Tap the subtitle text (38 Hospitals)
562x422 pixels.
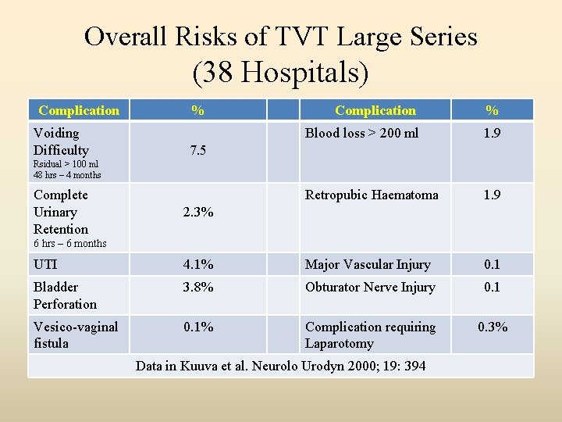pos(280,73)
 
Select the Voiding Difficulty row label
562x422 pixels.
pos(60,141)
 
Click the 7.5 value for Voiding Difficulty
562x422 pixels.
pos(198,150)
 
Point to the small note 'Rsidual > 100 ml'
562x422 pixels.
pos(66,164)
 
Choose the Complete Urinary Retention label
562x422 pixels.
pos(60,212)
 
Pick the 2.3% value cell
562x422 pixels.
pos(198,212)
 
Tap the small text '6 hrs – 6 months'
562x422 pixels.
pos(69,243)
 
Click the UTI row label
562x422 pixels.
pos(45,265)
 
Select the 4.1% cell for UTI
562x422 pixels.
pos(198,265)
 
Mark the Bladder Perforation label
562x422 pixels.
pos(65,295)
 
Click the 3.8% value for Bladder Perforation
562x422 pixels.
pos(198,287)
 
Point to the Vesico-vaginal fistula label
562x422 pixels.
pos(76,334)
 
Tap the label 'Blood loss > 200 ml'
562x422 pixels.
pos(361,134)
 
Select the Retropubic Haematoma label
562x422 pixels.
pos(372,195)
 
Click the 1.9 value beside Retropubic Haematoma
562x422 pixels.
pos(492,195)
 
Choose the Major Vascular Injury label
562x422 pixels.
pos(367,265)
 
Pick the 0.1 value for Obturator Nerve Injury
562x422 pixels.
pos(492,287)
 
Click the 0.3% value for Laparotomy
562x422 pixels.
pos(492,327)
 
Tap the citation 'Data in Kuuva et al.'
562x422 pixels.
pos(280,365)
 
